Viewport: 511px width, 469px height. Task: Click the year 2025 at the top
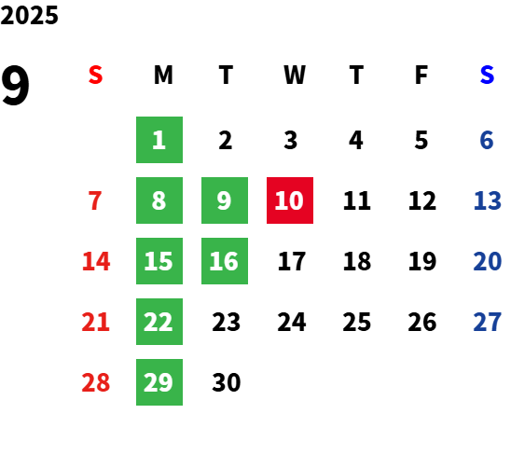[29, 15]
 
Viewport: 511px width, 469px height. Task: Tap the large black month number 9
[15, 85]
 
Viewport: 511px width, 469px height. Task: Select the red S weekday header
[95, 75]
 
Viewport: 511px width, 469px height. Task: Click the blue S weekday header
[487, 75]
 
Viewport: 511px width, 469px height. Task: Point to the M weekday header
[163, 75]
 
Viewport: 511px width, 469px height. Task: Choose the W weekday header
[295, 75]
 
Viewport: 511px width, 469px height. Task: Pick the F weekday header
[421, 75]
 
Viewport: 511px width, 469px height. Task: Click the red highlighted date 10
[290, 200]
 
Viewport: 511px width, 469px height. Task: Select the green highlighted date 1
[159, 140]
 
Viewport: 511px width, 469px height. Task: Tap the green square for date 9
[225, 200]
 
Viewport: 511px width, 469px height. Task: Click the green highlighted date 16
[225, 261]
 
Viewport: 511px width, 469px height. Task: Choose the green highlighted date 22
[159, 322]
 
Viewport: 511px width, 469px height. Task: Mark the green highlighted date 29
[159, 382]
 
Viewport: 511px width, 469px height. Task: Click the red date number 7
[95, 200]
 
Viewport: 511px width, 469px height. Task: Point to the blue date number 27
[487, 322]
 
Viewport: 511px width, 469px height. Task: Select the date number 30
[227, 382]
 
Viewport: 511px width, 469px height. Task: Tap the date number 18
[357, 261]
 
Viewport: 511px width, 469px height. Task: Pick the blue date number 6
[487, 140]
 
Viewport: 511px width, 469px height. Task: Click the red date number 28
[95, 382]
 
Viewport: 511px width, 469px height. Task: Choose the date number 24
[292, 322]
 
